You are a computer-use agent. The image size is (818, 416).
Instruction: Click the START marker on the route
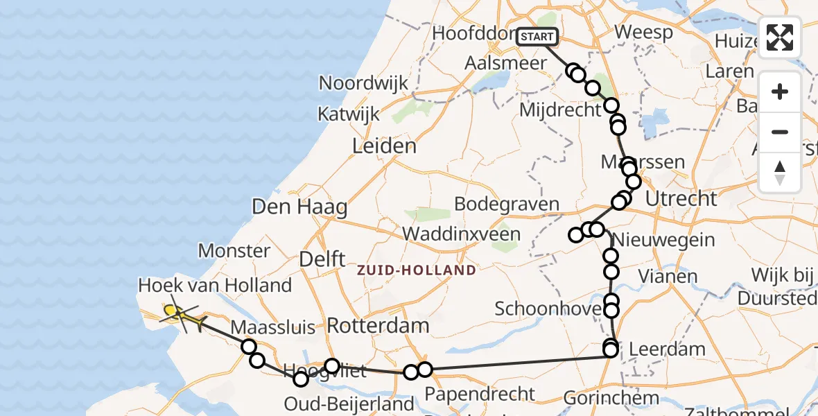[x=537, y=37]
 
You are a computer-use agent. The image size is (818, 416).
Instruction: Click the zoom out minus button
[x=780, y=132]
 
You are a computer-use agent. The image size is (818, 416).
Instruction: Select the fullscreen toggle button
[x=780, y=37]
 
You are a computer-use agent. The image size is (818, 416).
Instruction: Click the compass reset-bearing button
[x=780, y=171]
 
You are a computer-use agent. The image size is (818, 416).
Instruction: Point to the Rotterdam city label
[x=378, y=325]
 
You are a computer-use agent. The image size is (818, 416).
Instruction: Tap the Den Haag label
[x=299, y=207]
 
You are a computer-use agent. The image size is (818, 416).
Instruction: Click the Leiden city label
[x=384, y=146]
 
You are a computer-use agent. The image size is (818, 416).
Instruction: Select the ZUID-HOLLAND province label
[x=417, y=270]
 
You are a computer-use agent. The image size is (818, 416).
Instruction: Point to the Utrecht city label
[x=681, y=199]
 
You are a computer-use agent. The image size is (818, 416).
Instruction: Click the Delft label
[x=322, y=259]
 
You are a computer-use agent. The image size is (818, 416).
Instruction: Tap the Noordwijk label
[x=363, y=83]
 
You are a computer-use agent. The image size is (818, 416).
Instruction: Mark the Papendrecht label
[x=480, y=393]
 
